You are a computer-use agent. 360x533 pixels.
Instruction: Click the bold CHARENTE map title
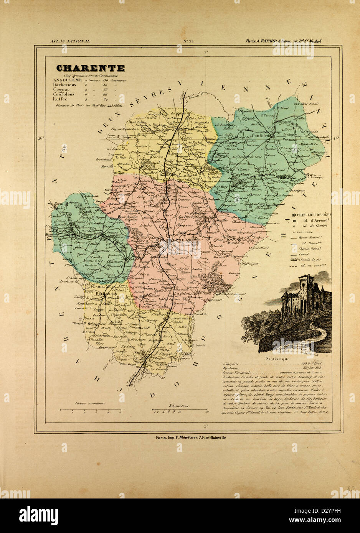(91, 68)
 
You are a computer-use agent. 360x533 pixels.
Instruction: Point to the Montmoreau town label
(180, 318)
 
